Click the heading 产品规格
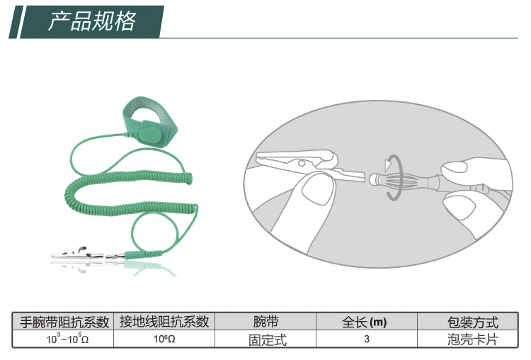(x=92, y=21)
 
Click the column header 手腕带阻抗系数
(x=64, y=322)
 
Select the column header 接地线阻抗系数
(x=164, y=321)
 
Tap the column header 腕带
(x=266, y=321)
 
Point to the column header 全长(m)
(x=365, y=322)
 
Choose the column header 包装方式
(x=473, y=322)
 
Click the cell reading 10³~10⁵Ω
(x=67, y=339)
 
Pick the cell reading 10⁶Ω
(x=164, y=339)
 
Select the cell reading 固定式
(x=268, y=340)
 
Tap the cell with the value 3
(x=367, y=339)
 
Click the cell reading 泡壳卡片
(x=473, y=339)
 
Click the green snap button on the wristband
(x=152, y=134)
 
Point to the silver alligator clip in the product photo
(x=77, y=254)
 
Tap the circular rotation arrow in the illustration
(x=394, y=177)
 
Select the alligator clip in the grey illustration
(x=310, y=165)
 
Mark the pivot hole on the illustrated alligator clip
(x=302, y=164)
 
